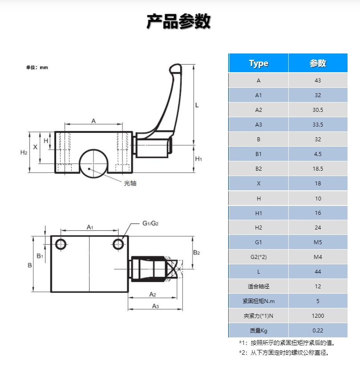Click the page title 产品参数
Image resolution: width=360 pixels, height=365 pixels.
[x=179, y=21]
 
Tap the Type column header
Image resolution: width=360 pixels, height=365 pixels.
[x=258, y=63]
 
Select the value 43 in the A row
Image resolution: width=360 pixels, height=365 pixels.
[x=317, y=81]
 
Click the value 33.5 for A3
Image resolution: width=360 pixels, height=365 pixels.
[x=317, y=125]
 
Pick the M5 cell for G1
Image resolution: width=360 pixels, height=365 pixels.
[x=317, y=242]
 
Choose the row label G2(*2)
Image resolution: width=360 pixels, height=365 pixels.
[x=258, y=257]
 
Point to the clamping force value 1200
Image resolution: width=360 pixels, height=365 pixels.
[x=317, y=316]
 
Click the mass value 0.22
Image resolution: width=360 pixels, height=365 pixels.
[x=317, y=331]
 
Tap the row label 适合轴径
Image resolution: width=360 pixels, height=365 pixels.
[x=258, y=287]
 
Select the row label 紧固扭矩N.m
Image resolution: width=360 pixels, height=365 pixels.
[x=258, y=301]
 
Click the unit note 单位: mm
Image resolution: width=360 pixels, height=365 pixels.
[x=37, y=68]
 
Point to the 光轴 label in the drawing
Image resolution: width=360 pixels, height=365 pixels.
[x=130, y=183]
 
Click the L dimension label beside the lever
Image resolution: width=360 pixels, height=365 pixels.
[x=197, y=105]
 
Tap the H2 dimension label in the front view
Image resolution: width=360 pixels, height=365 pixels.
[x=24, y=152]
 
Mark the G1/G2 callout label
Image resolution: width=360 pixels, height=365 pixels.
[x=151, y=223]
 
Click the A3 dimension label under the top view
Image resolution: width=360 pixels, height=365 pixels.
[x=156, y=306]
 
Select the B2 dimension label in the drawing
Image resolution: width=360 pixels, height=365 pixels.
[x=196, y=253]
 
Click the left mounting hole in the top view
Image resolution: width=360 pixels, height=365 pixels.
[x=61, y=244]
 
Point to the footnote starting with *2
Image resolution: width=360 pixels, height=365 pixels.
[x=284, y=353]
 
